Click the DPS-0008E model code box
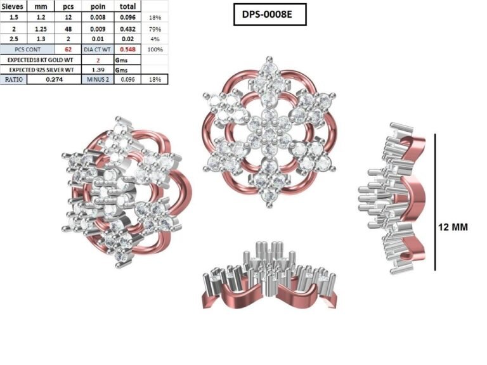point(270,15)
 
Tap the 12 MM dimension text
point(453,227)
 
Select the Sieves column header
point(13,6)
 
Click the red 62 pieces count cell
point(68,49)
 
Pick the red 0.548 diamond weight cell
point(127,49)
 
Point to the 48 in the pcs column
point(68,29)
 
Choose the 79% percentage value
point(155,29)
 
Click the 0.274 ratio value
point(54,79)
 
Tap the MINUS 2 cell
point(98,79)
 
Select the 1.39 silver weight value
point(98,70)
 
